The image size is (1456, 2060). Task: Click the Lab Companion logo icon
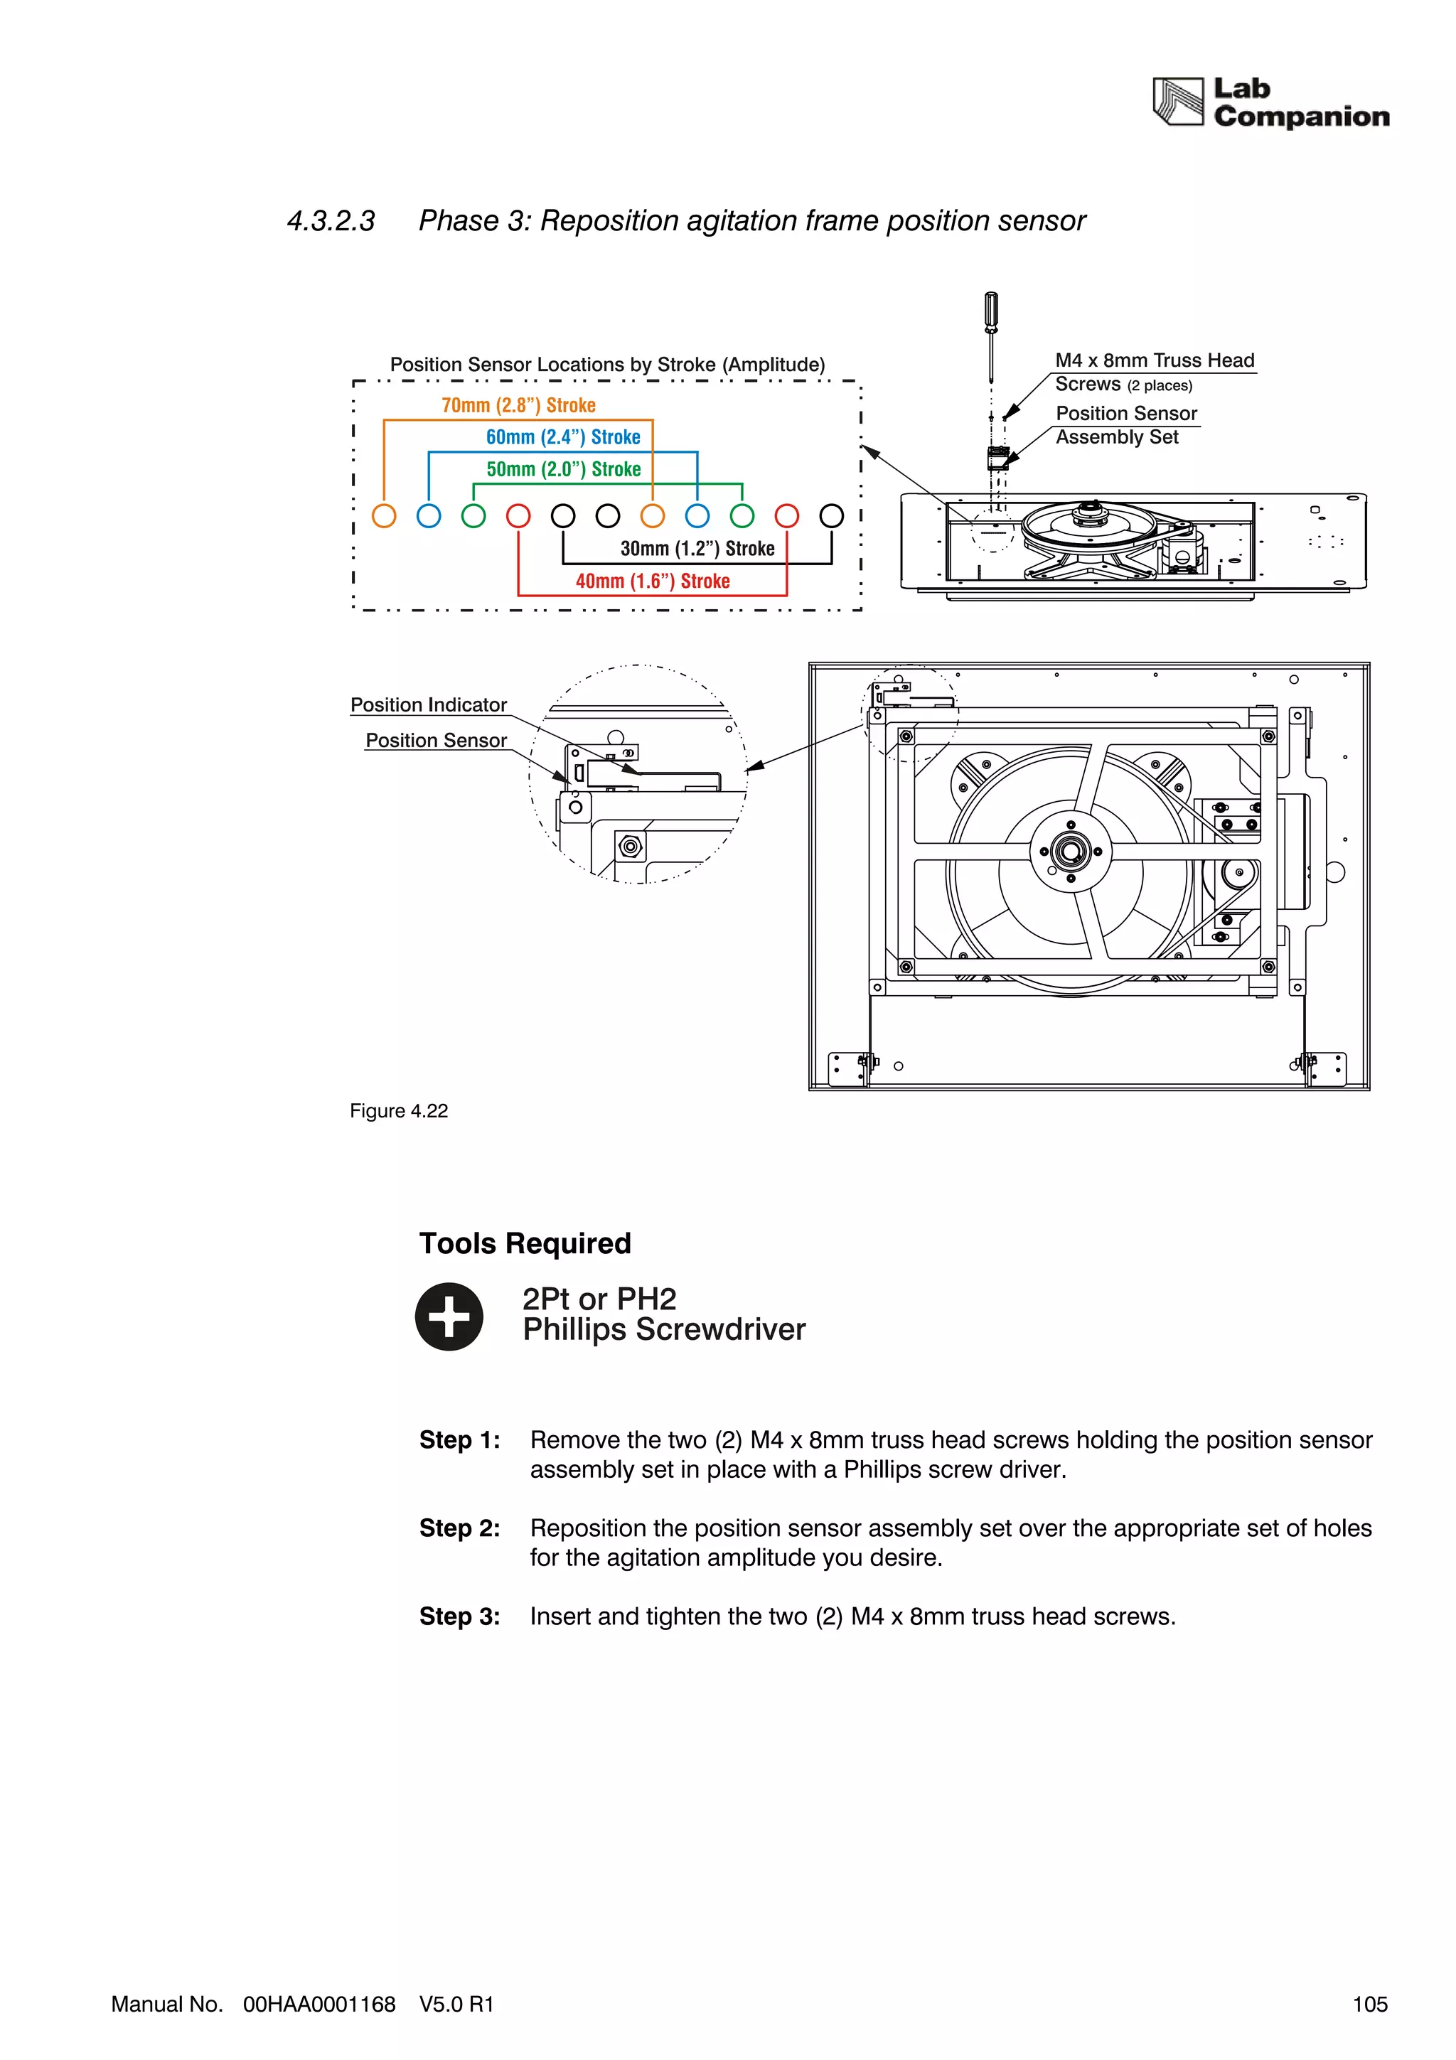[1177, 102]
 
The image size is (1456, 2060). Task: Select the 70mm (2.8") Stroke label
[518, 406]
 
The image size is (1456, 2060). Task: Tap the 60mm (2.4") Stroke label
[562, 437]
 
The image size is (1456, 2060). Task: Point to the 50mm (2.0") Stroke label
[563, 469]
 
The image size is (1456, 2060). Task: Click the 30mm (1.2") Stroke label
[697, 548]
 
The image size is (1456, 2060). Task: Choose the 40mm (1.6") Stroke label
[652, 581]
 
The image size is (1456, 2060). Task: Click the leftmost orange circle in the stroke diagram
[384, 516]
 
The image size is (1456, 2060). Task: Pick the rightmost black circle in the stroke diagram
[832, 516]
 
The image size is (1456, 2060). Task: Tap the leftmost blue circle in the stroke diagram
[429, 516]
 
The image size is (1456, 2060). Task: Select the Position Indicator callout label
[428, 705]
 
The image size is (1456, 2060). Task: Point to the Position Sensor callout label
[436, 740]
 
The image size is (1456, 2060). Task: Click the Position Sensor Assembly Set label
[1126, 425]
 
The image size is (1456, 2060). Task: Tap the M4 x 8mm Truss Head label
[1154, 360]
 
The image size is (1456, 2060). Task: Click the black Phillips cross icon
[449, 1316]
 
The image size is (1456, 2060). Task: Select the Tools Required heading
[525, 1243]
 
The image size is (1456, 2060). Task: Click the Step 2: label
[459, 1528]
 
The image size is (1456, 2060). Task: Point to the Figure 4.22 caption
[398, 1111]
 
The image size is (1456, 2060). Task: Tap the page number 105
[1369, 2005]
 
